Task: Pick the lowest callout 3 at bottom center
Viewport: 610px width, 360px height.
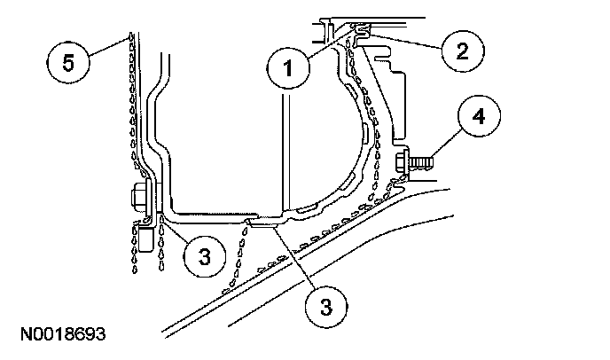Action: point(326,307)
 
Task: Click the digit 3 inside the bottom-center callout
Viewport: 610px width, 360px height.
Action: point(326,307)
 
